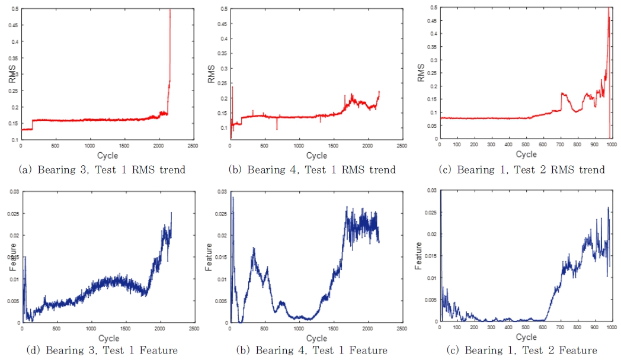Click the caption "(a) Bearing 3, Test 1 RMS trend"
pos(102,170)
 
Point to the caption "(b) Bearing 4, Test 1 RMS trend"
pos(312,170)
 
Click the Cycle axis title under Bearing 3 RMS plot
pos(108,155)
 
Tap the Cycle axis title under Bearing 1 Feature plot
pos(526,336)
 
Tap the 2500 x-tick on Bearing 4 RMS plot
pos(402,145)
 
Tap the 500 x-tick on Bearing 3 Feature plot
pos(56,327)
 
